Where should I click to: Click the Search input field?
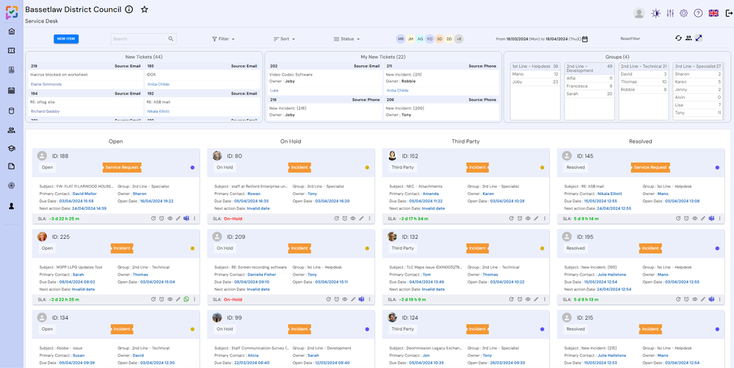point(139,39)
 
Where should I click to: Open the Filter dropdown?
point(223,39)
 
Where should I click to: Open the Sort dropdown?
point(285,39)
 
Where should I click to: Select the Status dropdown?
point(346,39)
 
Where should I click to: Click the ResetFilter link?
point(630,39)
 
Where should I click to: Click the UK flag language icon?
point(713,13)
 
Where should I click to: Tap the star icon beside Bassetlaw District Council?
point(145,10)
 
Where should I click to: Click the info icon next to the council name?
point(129,10)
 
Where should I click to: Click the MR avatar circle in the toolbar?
point(401,39)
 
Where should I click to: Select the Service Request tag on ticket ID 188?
point(122,167)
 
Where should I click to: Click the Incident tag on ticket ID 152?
point(478,167)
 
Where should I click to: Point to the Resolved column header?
point(640,141)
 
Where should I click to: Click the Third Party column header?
point(465,141)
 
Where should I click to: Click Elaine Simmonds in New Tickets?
point(46,84)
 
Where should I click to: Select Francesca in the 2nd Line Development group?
point(577,86)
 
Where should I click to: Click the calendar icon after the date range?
point(585,39)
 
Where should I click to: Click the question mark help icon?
point(698,13)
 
